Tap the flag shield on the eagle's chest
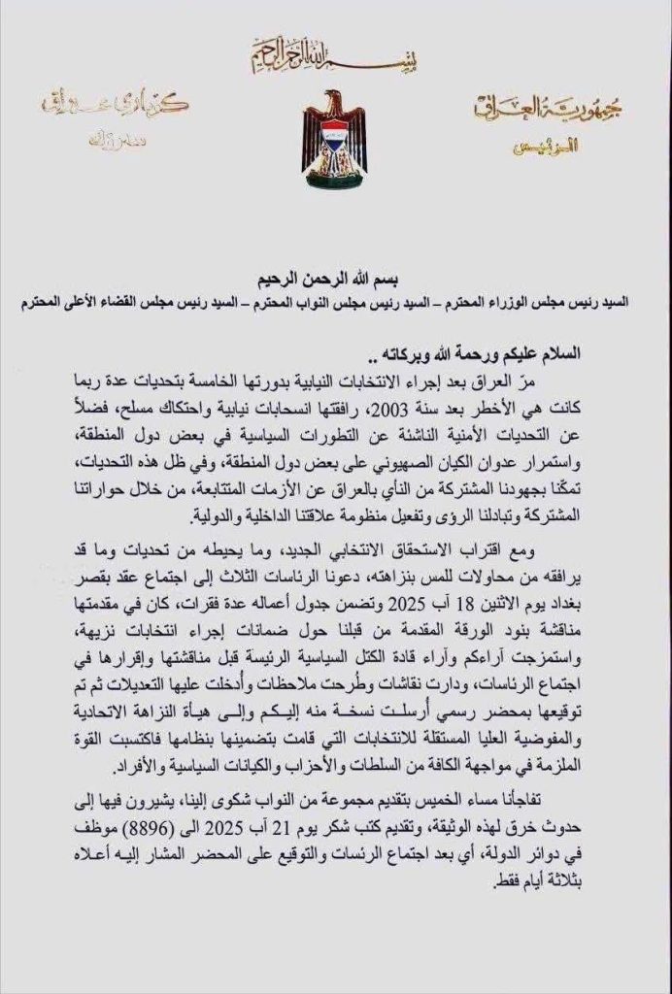click(335, 146)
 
